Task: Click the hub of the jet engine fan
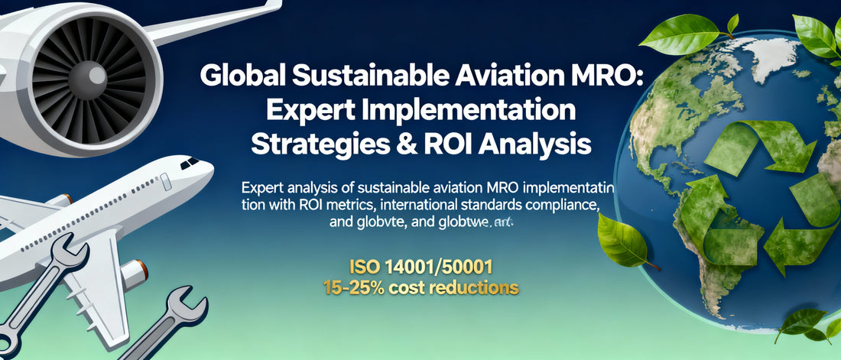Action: tap(96, 75)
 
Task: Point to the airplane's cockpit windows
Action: tap(189, 163)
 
